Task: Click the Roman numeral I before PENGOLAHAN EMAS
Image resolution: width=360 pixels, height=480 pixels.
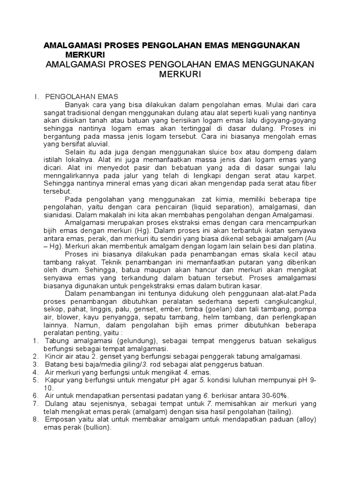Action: click(x=36, y=97)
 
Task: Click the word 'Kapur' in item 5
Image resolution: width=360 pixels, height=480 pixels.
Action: click(x=54, y=380)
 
